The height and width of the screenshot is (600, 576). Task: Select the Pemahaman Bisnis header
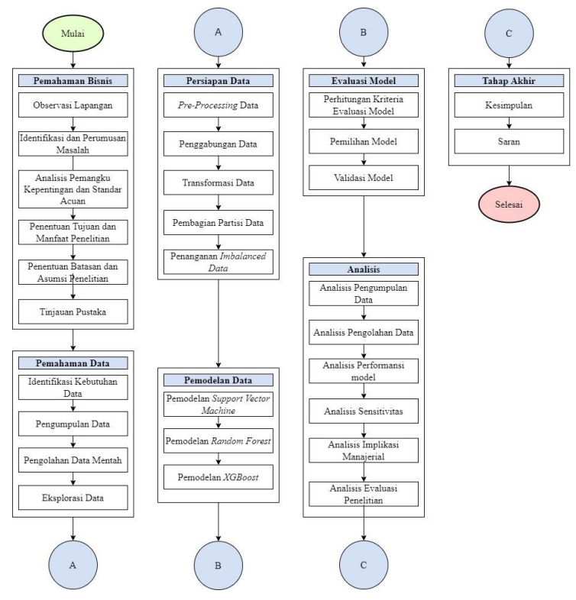[x=73, y=80]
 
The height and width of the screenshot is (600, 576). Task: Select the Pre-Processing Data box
[x=218, y=105]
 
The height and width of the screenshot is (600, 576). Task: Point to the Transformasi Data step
[x=218, y=183]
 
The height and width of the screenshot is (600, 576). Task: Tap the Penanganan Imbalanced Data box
[x=218, y=263]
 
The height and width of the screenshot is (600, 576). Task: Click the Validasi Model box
[x=363, y=178]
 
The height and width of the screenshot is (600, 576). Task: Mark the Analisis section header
[x=363, y=269]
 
